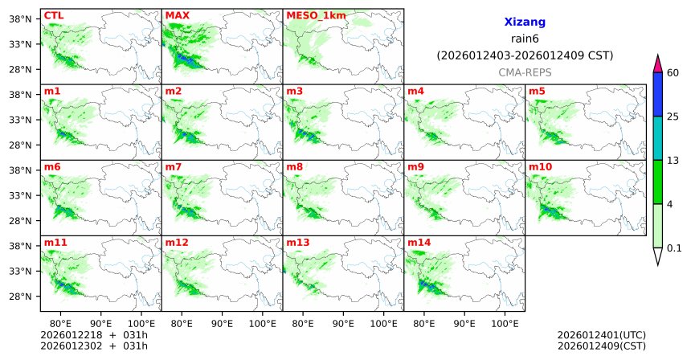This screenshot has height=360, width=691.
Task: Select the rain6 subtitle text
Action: pyautogui.click(x=524, y=39)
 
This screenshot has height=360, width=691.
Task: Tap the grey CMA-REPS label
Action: pyautogui.click(x=524, y=72)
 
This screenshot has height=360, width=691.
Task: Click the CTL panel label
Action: pyautogui.click(x=53, y=15)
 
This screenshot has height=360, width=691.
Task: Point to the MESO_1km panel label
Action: pyautogui.click(x=315, y=15)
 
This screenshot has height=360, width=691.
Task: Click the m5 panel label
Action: pyautogui.click(x=537, y=91)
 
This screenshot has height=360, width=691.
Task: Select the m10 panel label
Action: pyautogui.click(x=540, y=166)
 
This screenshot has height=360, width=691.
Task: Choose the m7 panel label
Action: pyautogui.click(x=174, y=166)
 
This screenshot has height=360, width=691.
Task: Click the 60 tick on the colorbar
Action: pyautogui.click(x=674, y=73)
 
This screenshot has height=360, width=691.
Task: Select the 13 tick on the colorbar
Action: pyautogui.click(x=674, y=161)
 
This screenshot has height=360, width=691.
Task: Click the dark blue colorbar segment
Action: pyautogui.click(x=657, y=95)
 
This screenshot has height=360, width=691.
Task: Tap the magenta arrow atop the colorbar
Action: pyautogui.click(x=657, y=63)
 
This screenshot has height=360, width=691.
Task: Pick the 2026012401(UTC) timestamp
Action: pyautogui.click(x=601, y=334)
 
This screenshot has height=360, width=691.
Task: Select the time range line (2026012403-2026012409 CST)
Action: pyautogui.click(x=524, y=55)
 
